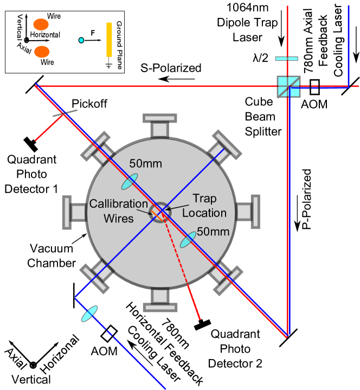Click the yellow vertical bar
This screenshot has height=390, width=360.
[109, 40]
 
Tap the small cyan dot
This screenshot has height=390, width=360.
[81, 40]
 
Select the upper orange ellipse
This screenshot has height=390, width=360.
[41, 24]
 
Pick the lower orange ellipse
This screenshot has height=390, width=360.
[42, 52]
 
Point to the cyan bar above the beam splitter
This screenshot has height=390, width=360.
[286, 59]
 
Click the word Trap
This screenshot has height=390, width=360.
[204, 199]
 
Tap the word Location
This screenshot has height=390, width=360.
[204, 213]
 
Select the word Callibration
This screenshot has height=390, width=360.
[118, 204]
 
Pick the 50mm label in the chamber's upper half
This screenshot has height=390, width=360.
[145, 163]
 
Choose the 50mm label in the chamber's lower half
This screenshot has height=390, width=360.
[213, 232]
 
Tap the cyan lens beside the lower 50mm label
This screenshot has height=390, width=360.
[188, 239]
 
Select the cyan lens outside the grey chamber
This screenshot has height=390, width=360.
[89, 314]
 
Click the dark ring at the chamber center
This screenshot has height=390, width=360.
[160, 212]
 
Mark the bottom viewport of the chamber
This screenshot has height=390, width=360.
[160, 299]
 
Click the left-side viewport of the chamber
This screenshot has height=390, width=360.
[74, 212]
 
